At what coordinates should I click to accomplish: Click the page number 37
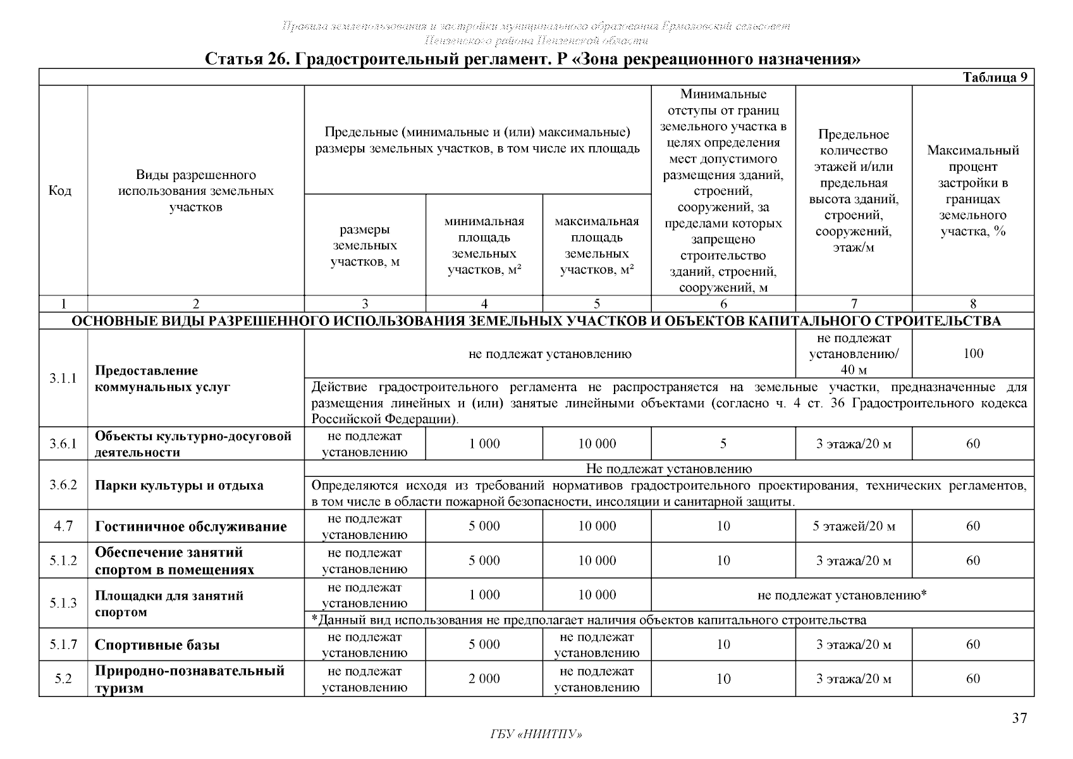(x=1019, y=718)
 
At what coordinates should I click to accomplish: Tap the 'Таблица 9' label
(x=995, y=77)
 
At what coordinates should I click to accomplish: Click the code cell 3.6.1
(x=63, y=444)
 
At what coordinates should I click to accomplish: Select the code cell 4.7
(x=63, y=526)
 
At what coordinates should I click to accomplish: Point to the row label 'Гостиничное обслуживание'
(x=190, y=527)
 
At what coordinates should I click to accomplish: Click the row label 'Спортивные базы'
(x=157, y=645)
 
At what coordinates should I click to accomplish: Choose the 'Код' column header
(x=60, y=190)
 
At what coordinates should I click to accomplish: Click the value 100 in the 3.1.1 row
(x=972, y=354)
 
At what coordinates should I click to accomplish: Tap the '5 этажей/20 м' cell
(x=853, y=526)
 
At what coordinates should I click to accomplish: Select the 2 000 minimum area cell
(x=484, y=679)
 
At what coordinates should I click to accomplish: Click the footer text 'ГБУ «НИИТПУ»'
(x=536, y=734)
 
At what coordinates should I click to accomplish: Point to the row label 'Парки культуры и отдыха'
(x=179, y=486)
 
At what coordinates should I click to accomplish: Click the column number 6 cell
(x=723, y=304)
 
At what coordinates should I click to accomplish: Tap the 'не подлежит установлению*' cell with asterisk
(x=842, y=595)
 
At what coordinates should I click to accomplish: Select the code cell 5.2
(x=63, y=679)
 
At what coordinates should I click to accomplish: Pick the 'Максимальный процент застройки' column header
(x=972, y=190)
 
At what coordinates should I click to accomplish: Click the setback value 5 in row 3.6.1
(x=723, y=444)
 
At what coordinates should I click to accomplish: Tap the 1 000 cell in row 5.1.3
(x=484, y=595)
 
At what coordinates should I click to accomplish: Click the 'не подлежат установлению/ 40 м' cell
(x=853, y=354)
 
